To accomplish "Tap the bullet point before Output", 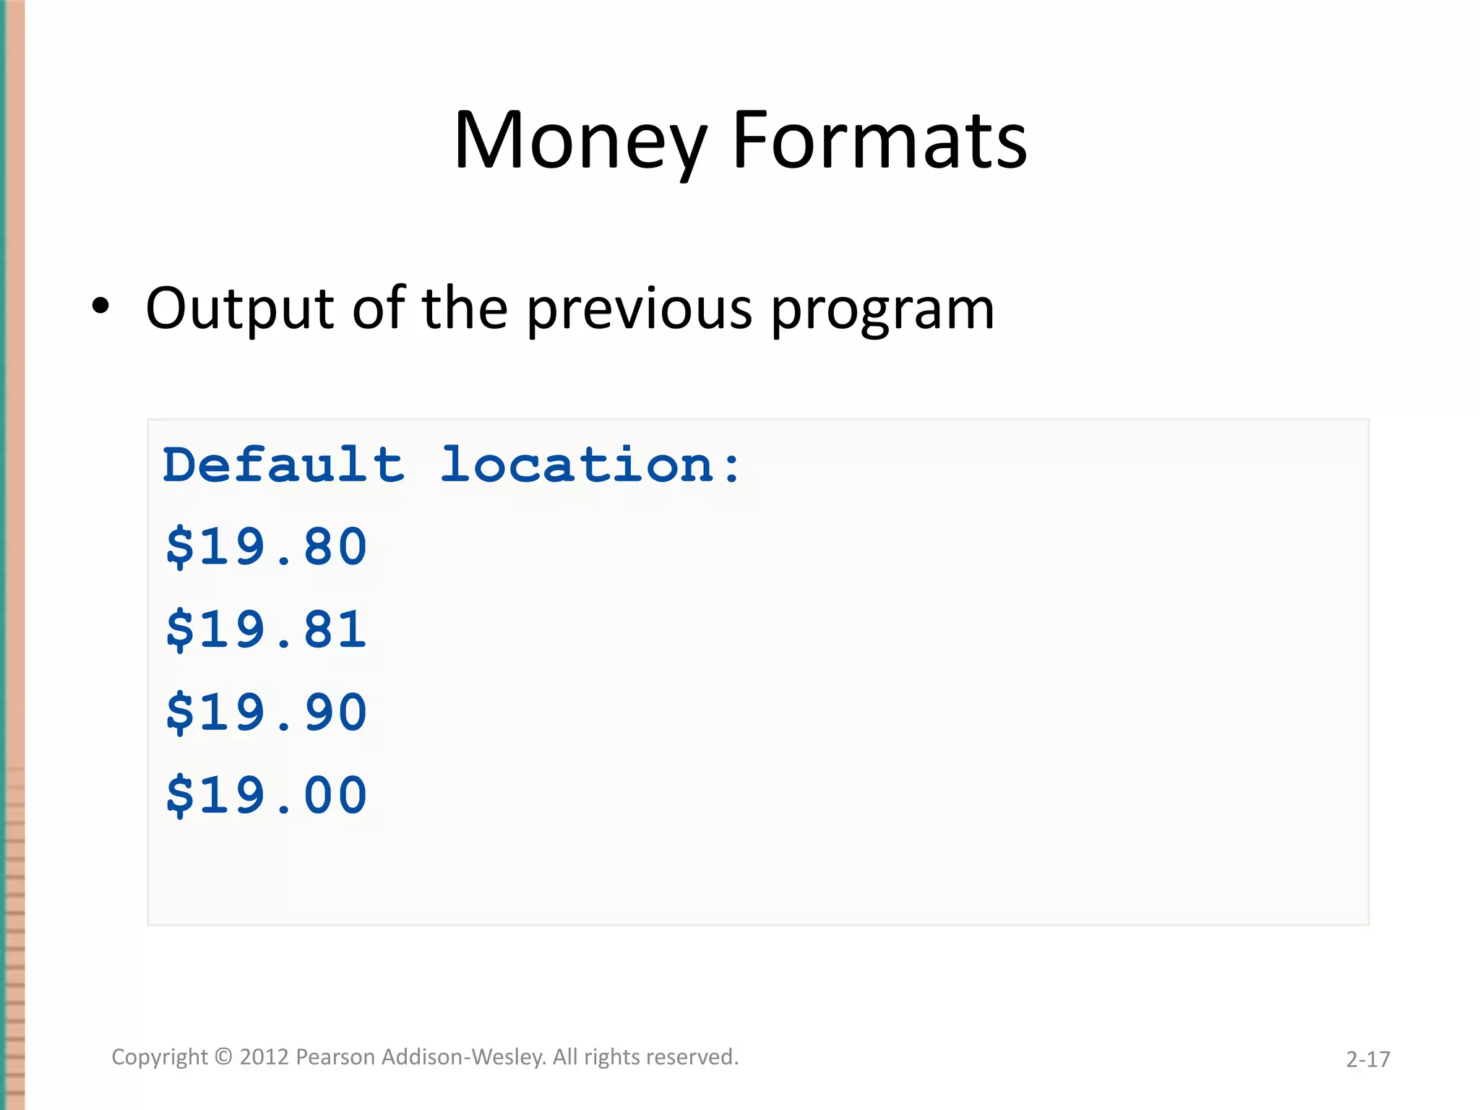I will [x=101, y=306].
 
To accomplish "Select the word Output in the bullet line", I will [x=239, y=309].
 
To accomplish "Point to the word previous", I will [x=639, y=309].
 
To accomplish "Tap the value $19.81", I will [x=267, y=629].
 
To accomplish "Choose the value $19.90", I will [x=267, y=713].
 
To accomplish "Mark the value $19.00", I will [x=267, y=796].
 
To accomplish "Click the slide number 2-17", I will [x=1367, y=1059].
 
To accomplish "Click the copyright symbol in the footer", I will [x=224, y=1057].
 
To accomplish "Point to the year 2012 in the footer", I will [x=264, y=1057].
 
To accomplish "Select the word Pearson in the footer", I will [x=336, y=1057].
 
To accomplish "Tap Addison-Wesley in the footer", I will [x=463, y=1057].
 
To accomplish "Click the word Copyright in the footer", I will [x=159, y=1057].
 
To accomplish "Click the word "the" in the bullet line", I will [x=465, y=309].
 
